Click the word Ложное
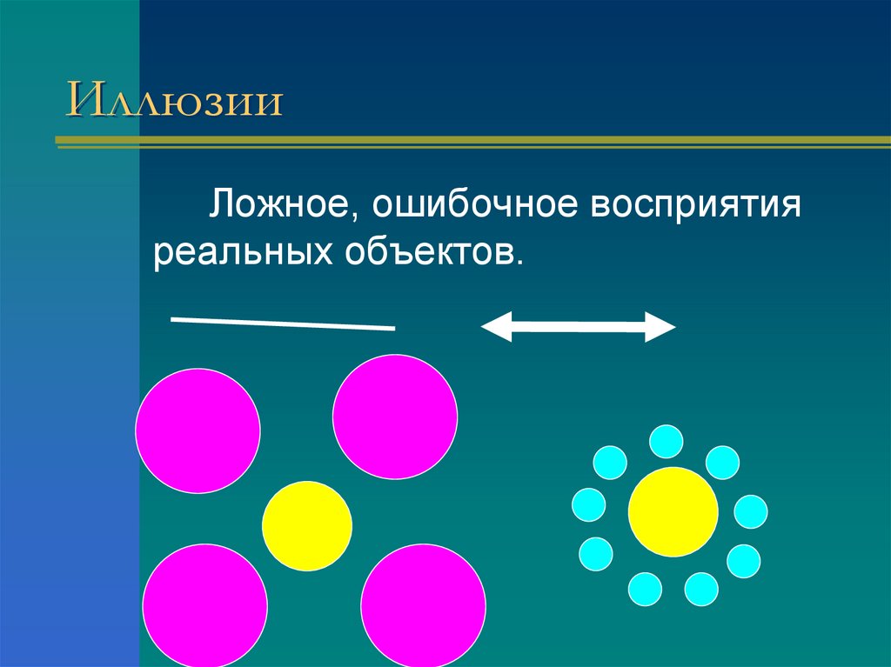tap(278, 209)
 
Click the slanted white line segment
tap(283, 323)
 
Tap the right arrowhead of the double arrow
tap(661, 326)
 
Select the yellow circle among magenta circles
tap(307, 526)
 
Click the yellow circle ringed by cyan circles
tap(673, 511)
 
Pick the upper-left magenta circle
tap(198, 430)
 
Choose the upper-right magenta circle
tap(395, 417)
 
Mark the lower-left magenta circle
tap(204, 604)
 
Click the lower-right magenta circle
tap(423, 604)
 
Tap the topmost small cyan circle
tap(667, 441)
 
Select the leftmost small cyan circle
tap(588, 504)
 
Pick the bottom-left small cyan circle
tap(645, 589)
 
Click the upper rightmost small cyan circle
tap(722, 462)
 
